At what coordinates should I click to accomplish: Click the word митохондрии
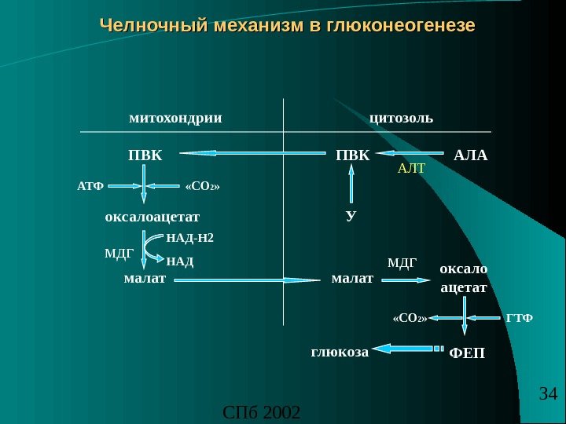point(175,119)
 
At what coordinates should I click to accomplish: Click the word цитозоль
point(401,119)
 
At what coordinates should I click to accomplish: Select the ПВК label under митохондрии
point(145,155)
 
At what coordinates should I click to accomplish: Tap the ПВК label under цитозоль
point(351,155)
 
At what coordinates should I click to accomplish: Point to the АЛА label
point(471,155)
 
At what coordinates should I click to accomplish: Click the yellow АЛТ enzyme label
point(410,168)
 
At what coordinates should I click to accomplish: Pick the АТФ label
point(90,187)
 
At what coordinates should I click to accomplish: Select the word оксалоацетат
point(153,216)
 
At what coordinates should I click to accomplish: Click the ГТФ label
point(520,319)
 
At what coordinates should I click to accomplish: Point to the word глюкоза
point(340,353)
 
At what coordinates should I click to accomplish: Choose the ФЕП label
point(467,354)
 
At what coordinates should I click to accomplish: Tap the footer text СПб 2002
point(262,412)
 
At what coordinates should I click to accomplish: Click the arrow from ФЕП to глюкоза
point(406,348)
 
